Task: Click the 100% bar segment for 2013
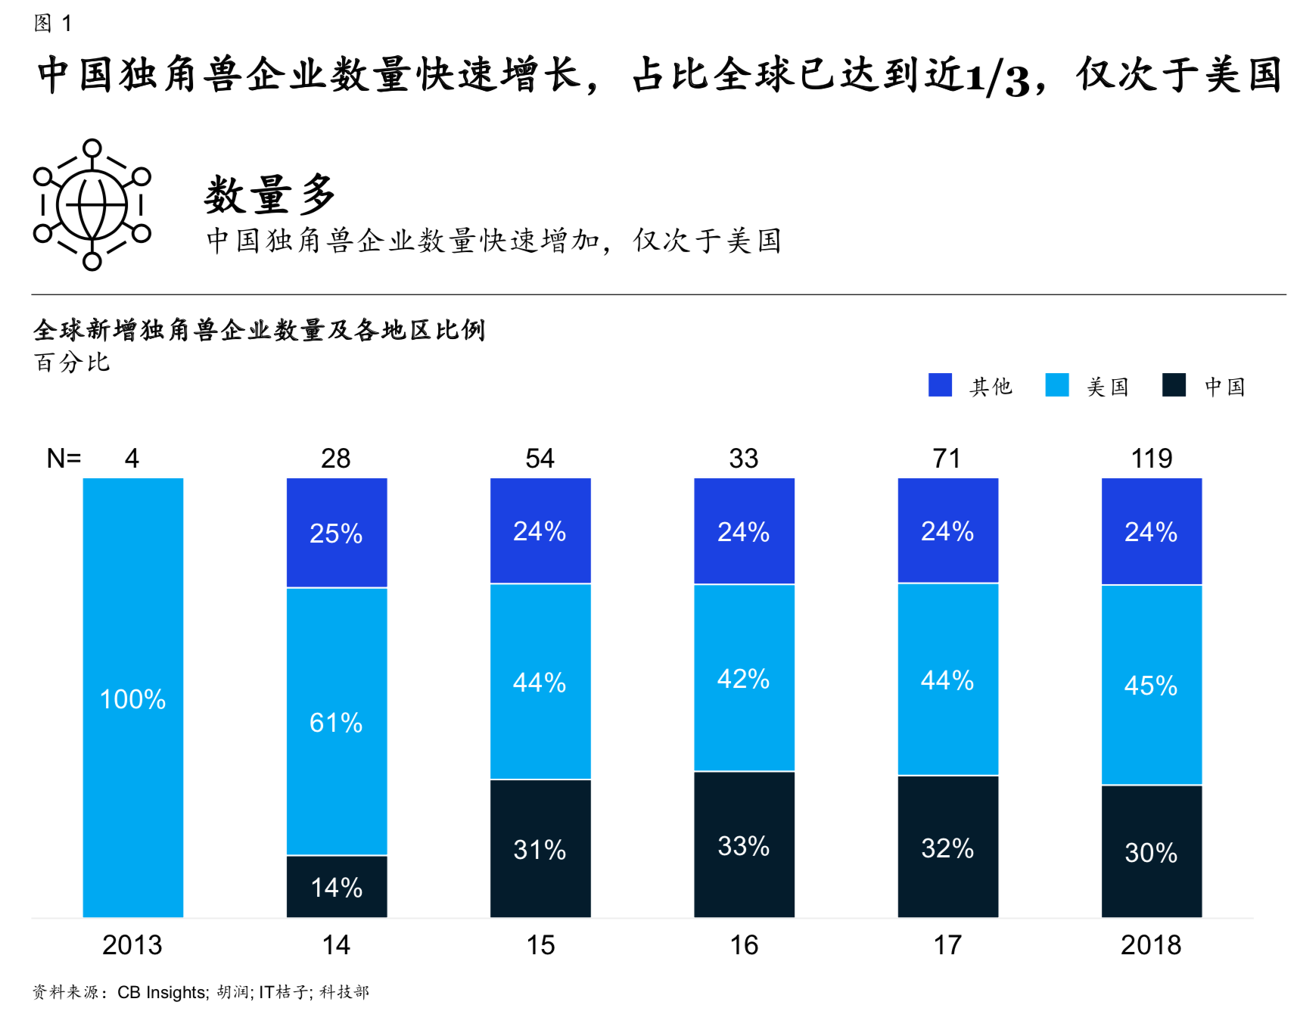click(132, 698)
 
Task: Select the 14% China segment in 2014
click(337, 886)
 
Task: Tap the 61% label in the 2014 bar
click(336, 723)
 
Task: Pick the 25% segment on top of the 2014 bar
click(337, 533)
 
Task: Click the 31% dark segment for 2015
click(540, 848)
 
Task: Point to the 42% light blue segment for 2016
click(744, 678)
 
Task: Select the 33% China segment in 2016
click(744, 845)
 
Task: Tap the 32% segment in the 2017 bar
click(947, 847)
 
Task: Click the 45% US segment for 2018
click(1151, 685)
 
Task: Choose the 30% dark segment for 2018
click(1151, 852)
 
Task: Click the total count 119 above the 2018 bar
click(1151, 458)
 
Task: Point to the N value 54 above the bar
click(540, 458)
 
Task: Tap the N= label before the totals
click(64, 458)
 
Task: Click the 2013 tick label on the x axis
click(132, 944)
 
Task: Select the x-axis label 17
click(947, 944)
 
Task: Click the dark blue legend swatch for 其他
click(940, 384)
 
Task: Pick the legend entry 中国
click(1224, 387)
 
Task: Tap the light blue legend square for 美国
click(1056, 384)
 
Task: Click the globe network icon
click(92, 204)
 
